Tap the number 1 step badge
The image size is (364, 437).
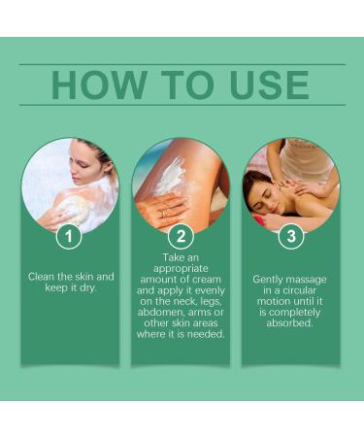click(x=69, y=236)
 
